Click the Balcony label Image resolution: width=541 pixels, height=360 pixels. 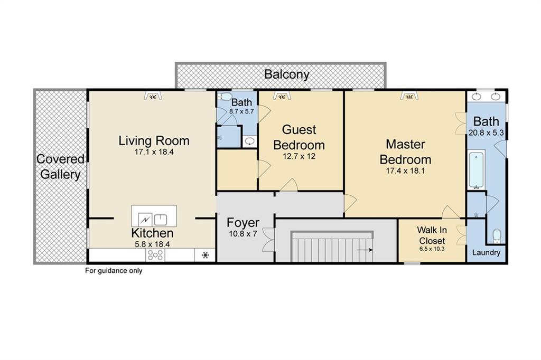tap(287, 74)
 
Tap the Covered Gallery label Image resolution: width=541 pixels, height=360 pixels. tap(60, 167)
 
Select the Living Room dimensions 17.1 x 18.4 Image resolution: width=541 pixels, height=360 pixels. tap(154, 152)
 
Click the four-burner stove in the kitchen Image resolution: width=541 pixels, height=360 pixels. tap(155, 255)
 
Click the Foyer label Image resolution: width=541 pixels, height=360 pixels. tap(242, 222)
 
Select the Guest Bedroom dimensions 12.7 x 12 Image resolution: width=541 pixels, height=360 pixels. tap(299, 156)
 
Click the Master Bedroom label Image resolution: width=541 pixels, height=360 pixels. tap(405, 151)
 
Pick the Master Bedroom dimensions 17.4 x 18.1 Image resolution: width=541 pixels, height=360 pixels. tap(405, 170)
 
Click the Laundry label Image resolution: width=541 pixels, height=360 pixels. tap(486, 253)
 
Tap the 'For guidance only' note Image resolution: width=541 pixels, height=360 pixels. tap(114, 271)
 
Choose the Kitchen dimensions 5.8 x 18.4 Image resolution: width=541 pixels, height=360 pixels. tap(152, 244)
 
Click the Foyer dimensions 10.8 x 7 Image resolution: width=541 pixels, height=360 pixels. tap(242, 233)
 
